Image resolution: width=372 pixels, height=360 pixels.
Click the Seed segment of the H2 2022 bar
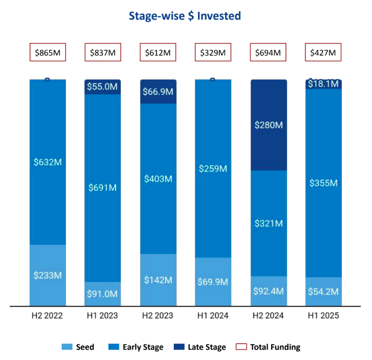coord(47,275)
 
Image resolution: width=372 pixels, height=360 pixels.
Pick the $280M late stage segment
coord(268,125)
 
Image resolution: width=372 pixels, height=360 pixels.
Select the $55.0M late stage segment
coord(103,87)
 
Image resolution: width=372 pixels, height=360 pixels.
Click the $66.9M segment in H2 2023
coord(158,92)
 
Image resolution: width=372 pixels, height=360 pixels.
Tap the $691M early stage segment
coord(103,188)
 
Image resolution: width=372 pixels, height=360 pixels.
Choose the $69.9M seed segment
coord(213,282)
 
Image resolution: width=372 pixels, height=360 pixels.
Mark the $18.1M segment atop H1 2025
coord(323,84)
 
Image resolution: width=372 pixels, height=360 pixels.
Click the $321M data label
coord(268,223)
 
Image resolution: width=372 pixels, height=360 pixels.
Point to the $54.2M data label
coord(323,291)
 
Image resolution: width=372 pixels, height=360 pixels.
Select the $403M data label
coord(158,179)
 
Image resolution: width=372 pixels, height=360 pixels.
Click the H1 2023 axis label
coord(103,316)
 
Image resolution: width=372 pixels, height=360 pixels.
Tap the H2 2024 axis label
coord(268,316)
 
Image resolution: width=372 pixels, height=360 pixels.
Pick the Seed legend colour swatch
coord(67,347)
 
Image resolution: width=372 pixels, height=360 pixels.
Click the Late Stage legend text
coord(207,347)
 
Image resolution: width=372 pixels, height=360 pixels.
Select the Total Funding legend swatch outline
coord(242,347)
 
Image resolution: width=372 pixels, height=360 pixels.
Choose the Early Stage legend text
coord(143,347)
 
